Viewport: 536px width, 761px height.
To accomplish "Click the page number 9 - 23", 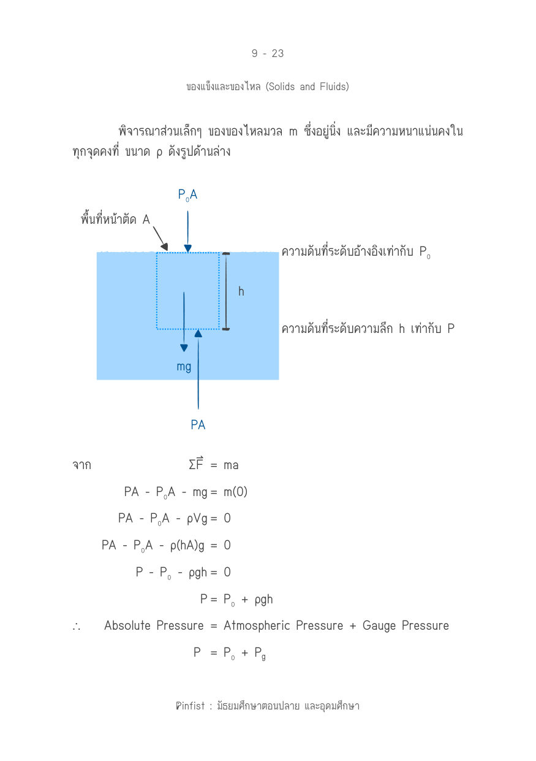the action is coord(268,53).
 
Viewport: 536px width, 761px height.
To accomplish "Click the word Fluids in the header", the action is coord(334,86).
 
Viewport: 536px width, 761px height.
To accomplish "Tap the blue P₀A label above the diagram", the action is coord(187,195).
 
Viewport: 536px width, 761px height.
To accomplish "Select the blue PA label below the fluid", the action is coord(198,425).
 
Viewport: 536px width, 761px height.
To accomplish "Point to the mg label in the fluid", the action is coord(184,367).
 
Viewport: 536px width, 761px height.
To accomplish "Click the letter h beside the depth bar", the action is coord(241,291).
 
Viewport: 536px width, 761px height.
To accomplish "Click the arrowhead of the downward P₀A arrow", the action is coord(187,248).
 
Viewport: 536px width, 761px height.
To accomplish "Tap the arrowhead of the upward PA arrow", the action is coord(198,333).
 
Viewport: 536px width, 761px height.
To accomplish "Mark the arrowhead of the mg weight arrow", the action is coord(184,348).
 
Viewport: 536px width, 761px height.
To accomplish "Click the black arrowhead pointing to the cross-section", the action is coord(165,247).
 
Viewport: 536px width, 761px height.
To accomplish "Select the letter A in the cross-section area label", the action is coord(146,220).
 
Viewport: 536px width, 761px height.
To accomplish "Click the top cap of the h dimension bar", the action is coord(226,253).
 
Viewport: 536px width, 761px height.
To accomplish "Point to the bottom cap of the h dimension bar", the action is coord(226,329).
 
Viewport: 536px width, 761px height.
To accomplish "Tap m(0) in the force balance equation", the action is coord(235,492).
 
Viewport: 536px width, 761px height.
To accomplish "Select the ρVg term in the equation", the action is coord(197,519).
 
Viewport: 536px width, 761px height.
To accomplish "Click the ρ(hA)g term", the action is coord(187,546).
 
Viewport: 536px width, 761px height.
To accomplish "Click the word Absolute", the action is coord(127,625).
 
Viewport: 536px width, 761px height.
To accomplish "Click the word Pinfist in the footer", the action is coord(190,706).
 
